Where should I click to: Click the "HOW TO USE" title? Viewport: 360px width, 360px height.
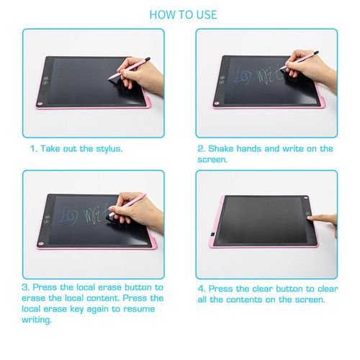[183, 14]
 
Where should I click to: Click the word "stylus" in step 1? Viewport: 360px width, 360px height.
[108, 149]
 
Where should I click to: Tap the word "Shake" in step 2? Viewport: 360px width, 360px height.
[220, 148]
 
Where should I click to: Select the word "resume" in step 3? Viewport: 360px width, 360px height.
[139, 309]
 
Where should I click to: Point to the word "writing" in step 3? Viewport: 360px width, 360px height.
[36, 320]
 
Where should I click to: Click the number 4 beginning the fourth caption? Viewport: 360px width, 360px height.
[200, 289]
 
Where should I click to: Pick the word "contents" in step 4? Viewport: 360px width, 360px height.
[245, 300]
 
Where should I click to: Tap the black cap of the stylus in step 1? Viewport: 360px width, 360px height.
[148, 59]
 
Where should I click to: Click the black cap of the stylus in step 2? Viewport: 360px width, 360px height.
[316, 53]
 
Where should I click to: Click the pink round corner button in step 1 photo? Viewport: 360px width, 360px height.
[40, 104]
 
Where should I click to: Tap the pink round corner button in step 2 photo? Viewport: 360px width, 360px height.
[217, 103]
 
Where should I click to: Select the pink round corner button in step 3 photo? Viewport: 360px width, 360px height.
[41, 244]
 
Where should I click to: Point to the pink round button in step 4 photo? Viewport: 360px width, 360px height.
[306, 198]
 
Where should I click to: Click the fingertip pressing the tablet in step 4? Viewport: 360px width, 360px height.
[310, 218]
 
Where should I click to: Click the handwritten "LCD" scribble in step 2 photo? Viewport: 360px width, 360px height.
[243, 76]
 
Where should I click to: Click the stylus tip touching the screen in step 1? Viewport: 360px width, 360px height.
[109, 78]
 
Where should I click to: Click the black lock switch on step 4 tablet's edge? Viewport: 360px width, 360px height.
[212, 234]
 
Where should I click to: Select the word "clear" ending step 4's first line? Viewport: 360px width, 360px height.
[328, 289]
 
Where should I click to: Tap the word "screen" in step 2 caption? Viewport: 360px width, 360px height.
[212, 160]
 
